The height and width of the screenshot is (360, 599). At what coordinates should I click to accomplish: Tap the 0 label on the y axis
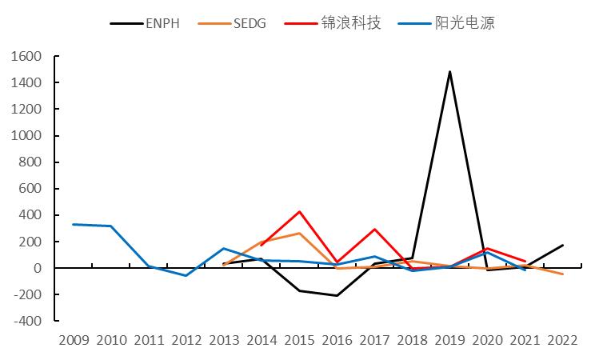(x=38, y=268)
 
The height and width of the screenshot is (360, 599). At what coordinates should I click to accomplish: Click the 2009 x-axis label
(x=74, y=340)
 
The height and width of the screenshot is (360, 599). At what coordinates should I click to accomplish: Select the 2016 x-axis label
(x=337, y=340)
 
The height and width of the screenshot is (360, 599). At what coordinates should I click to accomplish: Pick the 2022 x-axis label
(x=562, y=340)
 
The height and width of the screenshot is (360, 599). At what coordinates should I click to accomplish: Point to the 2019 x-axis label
(x=449, y=340)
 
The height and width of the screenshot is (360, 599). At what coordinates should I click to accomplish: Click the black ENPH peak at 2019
(x=449, y=72)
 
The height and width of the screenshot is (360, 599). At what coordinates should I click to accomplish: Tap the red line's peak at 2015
(x=299, y=212)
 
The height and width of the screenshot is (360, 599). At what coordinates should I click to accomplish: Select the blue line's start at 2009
(x=74, y=225)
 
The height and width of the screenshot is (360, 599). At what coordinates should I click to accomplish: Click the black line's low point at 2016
(x=337, y=295)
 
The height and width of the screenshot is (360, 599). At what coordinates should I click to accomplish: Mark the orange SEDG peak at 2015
(x=299, y=234)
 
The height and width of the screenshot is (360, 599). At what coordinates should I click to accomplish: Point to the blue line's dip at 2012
(x=186, y=275)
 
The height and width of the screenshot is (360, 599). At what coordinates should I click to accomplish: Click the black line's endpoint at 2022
(x=562, y=246)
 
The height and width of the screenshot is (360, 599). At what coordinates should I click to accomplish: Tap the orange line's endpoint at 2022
(x=562, y=274)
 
